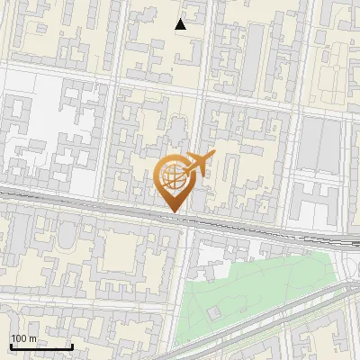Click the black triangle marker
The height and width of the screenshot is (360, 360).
coord(181,24)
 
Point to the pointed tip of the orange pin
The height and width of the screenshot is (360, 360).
coord(173,212)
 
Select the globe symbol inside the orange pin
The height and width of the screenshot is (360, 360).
coord(172,177)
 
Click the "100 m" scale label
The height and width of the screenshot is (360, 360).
coord(23,338)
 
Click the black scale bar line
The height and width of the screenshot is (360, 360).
coord(41,346)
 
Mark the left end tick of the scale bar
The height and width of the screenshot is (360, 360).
coord(11,346)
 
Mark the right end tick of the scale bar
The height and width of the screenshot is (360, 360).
coord(72,346)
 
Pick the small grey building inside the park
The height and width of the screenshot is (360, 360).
coord(214,313)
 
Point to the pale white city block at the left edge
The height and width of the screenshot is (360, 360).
coord(36,135)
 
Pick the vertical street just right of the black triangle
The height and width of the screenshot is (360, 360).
coord(208,36)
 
